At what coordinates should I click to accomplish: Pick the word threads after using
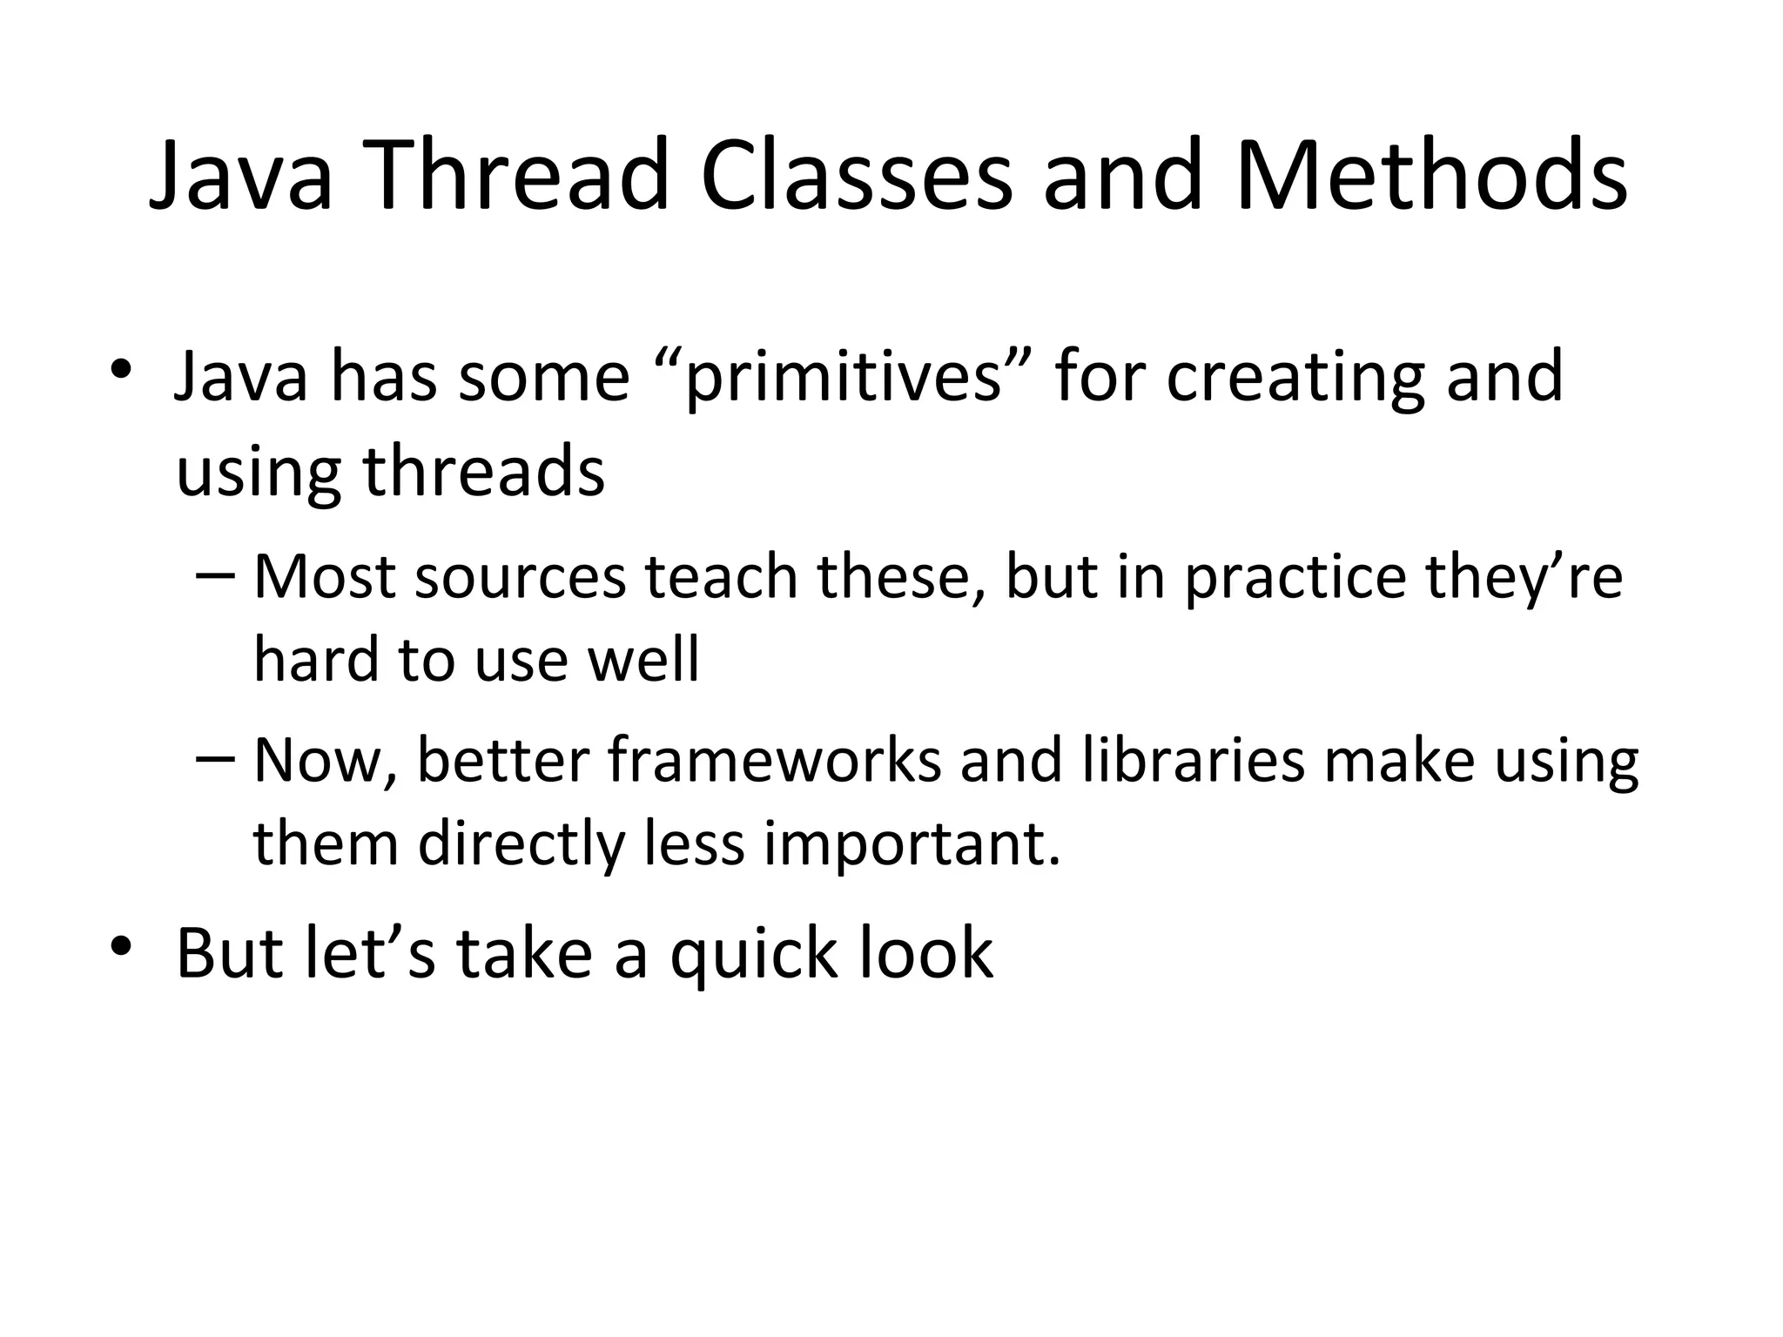[x=483, y=471]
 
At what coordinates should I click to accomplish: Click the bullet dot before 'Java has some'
[x=121, y=370]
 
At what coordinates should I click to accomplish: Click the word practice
[x=1295, y=579]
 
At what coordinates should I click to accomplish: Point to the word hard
[x=316, y=659]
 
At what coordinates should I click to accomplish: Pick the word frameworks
[x=774, y=760]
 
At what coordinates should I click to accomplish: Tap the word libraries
[x=1194, y=760]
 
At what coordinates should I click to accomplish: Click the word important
[x=912, y=844]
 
